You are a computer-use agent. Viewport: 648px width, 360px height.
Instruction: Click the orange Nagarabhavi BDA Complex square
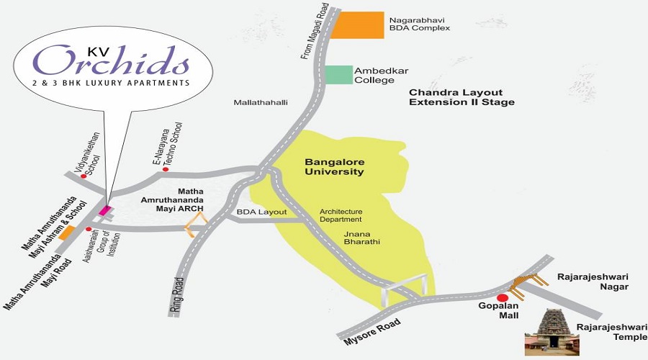click(357, 25)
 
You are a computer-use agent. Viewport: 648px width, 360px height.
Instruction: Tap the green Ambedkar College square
click(338, 75)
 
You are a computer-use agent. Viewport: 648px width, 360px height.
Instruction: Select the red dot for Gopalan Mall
click(503, 298)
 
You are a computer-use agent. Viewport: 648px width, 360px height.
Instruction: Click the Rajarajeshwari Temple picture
click(552, 332)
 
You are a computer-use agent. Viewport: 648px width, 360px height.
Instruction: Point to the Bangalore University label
click(334, 166)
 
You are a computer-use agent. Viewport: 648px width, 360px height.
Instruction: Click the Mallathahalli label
click(261, 102)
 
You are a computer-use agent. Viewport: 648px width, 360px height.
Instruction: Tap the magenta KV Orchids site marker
click(105, 210)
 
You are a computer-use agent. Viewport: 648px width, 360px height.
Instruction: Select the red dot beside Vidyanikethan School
click(84, 176)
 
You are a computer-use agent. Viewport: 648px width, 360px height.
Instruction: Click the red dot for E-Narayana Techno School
click(166, 169)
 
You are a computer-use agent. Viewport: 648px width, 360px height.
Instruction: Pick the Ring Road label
click(178, 294)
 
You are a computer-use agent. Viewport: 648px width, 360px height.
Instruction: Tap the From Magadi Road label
click(315, 32)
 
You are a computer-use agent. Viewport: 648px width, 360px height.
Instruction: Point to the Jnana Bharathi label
click(361, 238)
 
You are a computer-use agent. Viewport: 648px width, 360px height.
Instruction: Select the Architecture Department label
click(341, 215)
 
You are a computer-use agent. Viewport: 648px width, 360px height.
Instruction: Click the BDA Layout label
click(261, 212)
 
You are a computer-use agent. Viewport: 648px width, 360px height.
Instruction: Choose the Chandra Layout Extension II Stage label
click(462, 97)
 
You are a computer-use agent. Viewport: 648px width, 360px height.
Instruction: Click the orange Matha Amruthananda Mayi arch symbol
click(194, 225)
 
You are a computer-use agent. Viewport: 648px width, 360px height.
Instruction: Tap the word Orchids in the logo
click(111, 60)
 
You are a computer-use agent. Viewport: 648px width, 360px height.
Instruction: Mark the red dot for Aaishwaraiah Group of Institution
click(89, 229)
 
